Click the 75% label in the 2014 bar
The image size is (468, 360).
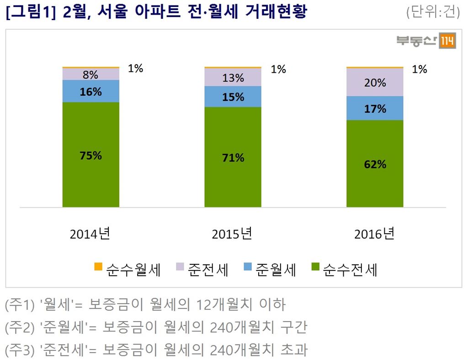point(90,156)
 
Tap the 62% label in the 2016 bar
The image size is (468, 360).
point(375,164)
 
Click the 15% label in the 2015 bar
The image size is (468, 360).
point(233,97)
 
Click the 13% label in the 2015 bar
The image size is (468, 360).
point(233,78)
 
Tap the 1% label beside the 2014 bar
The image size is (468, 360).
point(135,69)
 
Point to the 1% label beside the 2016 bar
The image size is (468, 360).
point(419,70)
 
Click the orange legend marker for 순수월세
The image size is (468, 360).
point(98,267)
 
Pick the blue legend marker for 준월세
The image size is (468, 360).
point(247,267)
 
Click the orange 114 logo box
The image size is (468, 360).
point(447,42)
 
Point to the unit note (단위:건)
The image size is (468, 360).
point(432,12)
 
